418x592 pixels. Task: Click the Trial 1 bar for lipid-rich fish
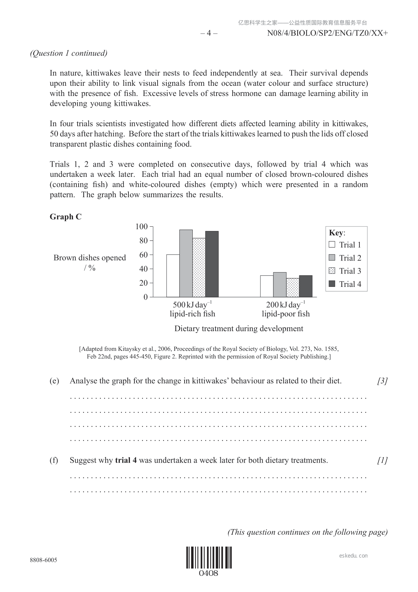(x=173, y=276)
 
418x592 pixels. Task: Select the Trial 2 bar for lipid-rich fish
(x=186, y=263)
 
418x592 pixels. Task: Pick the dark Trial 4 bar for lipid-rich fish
(x=212, y=264)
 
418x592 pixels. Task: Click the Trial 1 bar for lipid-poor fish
(x=267, y=286)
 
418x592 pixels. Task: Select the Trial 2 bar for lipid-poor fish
(x=280, y=285)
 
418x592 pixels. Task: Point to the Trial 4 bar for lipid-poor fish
(x=306, y=286)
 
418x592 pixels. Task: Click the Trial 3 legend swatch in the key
(x=332, y=271)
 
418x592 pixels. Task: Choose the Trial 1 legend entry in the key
(x=345, y=245)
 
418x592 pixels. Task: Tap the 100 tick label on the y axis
(x=141, y=226)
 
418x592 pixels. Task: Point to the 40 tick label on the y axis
(x=144, y=269)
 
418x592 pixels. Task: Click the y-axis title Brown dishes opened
(x=89, y=258)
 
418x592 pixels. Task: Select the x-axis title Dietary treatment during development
(x=239, y=329)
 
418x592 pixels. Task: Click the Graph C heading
(x=66, y=217)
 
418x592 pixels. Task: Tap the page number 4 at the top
(x=208, y=33)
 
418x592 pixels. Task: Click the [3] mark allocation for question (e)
(x=382, y=381)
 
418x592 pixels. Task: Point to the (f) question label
(x=54, y=460)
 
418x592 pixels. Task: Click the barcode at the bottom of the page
(x=209, y=558)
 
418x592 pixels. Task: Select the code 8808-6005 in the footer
(x=44, y=560)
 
